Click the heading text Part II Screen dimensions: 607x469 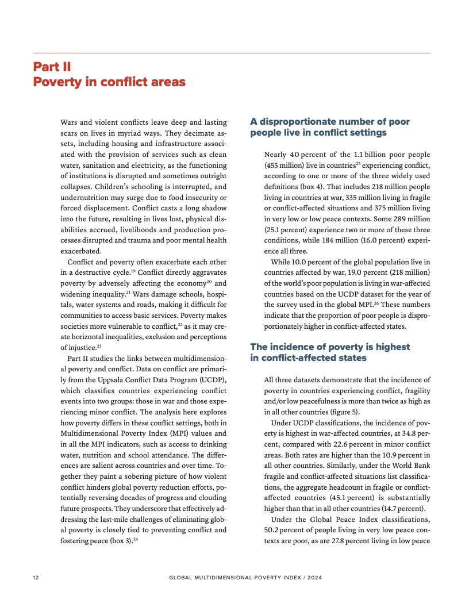[52, 67]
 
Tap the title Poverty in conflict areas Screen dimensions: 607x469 [109, 82]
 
